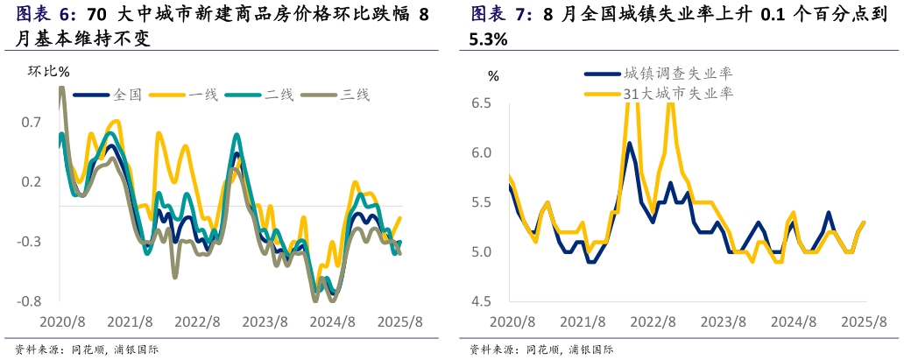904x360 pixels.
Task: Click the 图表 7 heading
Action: (x=501, y=15)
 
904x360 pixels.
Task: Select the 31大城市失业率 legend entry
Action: (x=677, y=92)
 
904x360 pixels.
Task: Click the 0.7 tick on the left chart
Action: (x=32, y=122)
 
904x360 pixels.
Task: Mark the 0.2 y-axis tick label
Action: (x=32, y=181)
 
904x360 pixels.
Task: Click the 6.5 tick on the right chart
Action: (x=481, y=103)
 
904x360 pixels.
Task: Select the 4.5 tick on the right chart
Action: (x=481, y=301)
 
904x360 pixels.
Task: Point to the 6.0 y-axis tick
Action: (x=481, y=153)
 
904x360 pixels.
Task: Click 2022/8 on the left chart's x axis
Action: (x=197, y=321)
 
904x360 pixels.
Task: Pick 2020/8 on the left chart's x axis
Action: (x=61, y=321)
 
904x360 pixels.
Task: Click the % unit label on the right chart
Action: (x=493, y=76)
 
